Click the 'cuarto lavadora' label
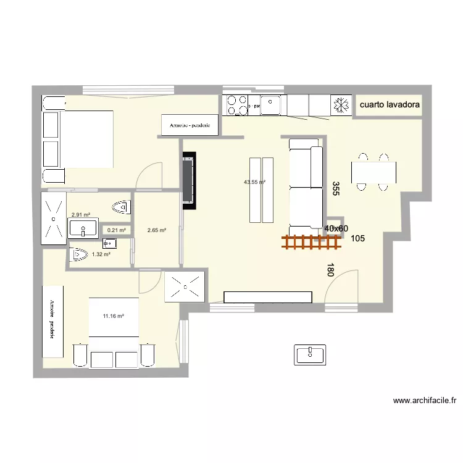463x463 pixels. [390, 105]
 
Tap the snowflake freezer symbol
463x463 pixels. [340, 105]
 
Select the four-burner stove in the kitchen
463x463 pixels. [236, 105]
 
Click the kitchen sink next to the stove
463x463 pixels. [270, 105]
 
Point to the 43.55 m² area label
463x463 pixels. [254, 182]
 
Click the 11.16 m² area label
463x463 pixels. [114, 316]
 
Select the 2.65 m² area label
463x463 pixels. [156, 230]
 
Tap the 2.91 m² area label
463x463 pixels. [81, 215]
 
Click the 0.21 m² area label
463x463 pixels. [116, 230]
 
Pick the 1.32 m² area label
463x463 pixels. [101, 254]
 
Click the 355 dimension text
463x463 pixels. [336, 188]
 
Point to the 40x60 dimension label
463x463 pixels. [336, 228]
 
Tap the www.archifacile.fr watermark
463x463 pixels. [425, 400]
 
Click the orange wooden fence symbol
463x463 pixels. [311, 243]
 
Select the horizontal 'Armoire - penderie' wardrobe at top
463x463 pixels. [190, 125]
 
